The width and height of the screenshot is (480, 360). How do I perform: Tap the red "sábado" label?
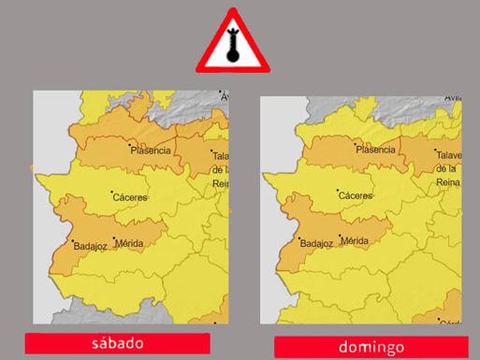119,342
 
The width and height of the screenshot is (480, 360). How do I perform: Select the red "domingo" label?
371,347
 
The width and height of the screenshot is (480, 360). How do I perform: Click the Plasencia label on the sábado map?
151,151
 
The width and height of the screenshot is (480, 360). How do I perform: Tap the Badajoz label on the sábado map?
90,247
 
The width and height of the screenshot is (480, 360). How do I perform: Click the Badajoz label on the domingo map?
316,244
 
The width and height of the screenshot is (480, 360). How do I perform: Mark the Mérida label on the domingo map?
355,241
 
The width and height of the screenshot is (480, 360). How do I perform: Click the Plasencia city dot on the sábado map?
131,145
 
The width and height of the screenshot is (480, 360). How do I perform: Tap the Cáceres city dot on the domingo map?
338,191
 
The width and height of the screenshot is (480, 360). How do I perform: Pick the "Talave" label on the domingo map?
450,153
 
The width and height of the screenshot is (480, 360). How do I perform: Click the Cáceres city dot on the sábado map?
111,193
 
